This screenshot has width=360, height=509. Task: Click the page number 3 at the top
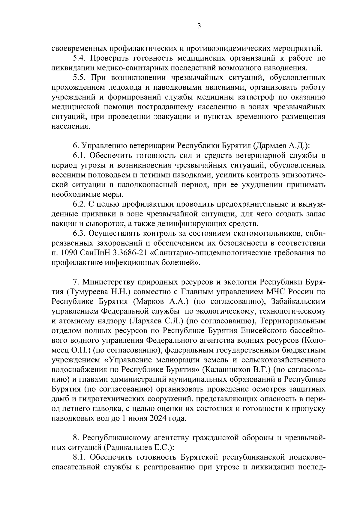199,26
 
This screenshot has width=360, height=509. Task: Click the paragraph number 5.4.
80,58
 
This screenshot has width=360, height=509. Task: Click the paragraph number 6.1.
79,156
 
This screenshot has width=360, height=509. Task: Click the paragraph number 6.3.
80,234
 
